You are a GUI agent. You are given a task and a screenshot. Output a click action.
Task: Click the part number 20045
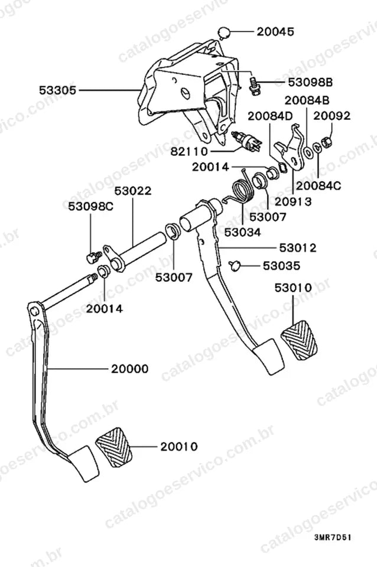tap(275, 31)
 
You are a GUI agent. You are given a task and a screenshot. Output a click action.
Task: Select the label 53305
tap(58, 90)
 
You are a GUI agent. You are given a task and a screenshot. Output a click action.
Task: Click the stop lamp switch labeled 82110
tap(246, 142)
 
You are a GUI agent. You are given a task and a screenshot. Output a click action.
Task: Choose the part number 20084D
tap(270, 116)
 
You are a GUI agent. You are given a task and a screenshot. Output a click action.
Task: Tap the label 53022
tap(133, 191)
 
